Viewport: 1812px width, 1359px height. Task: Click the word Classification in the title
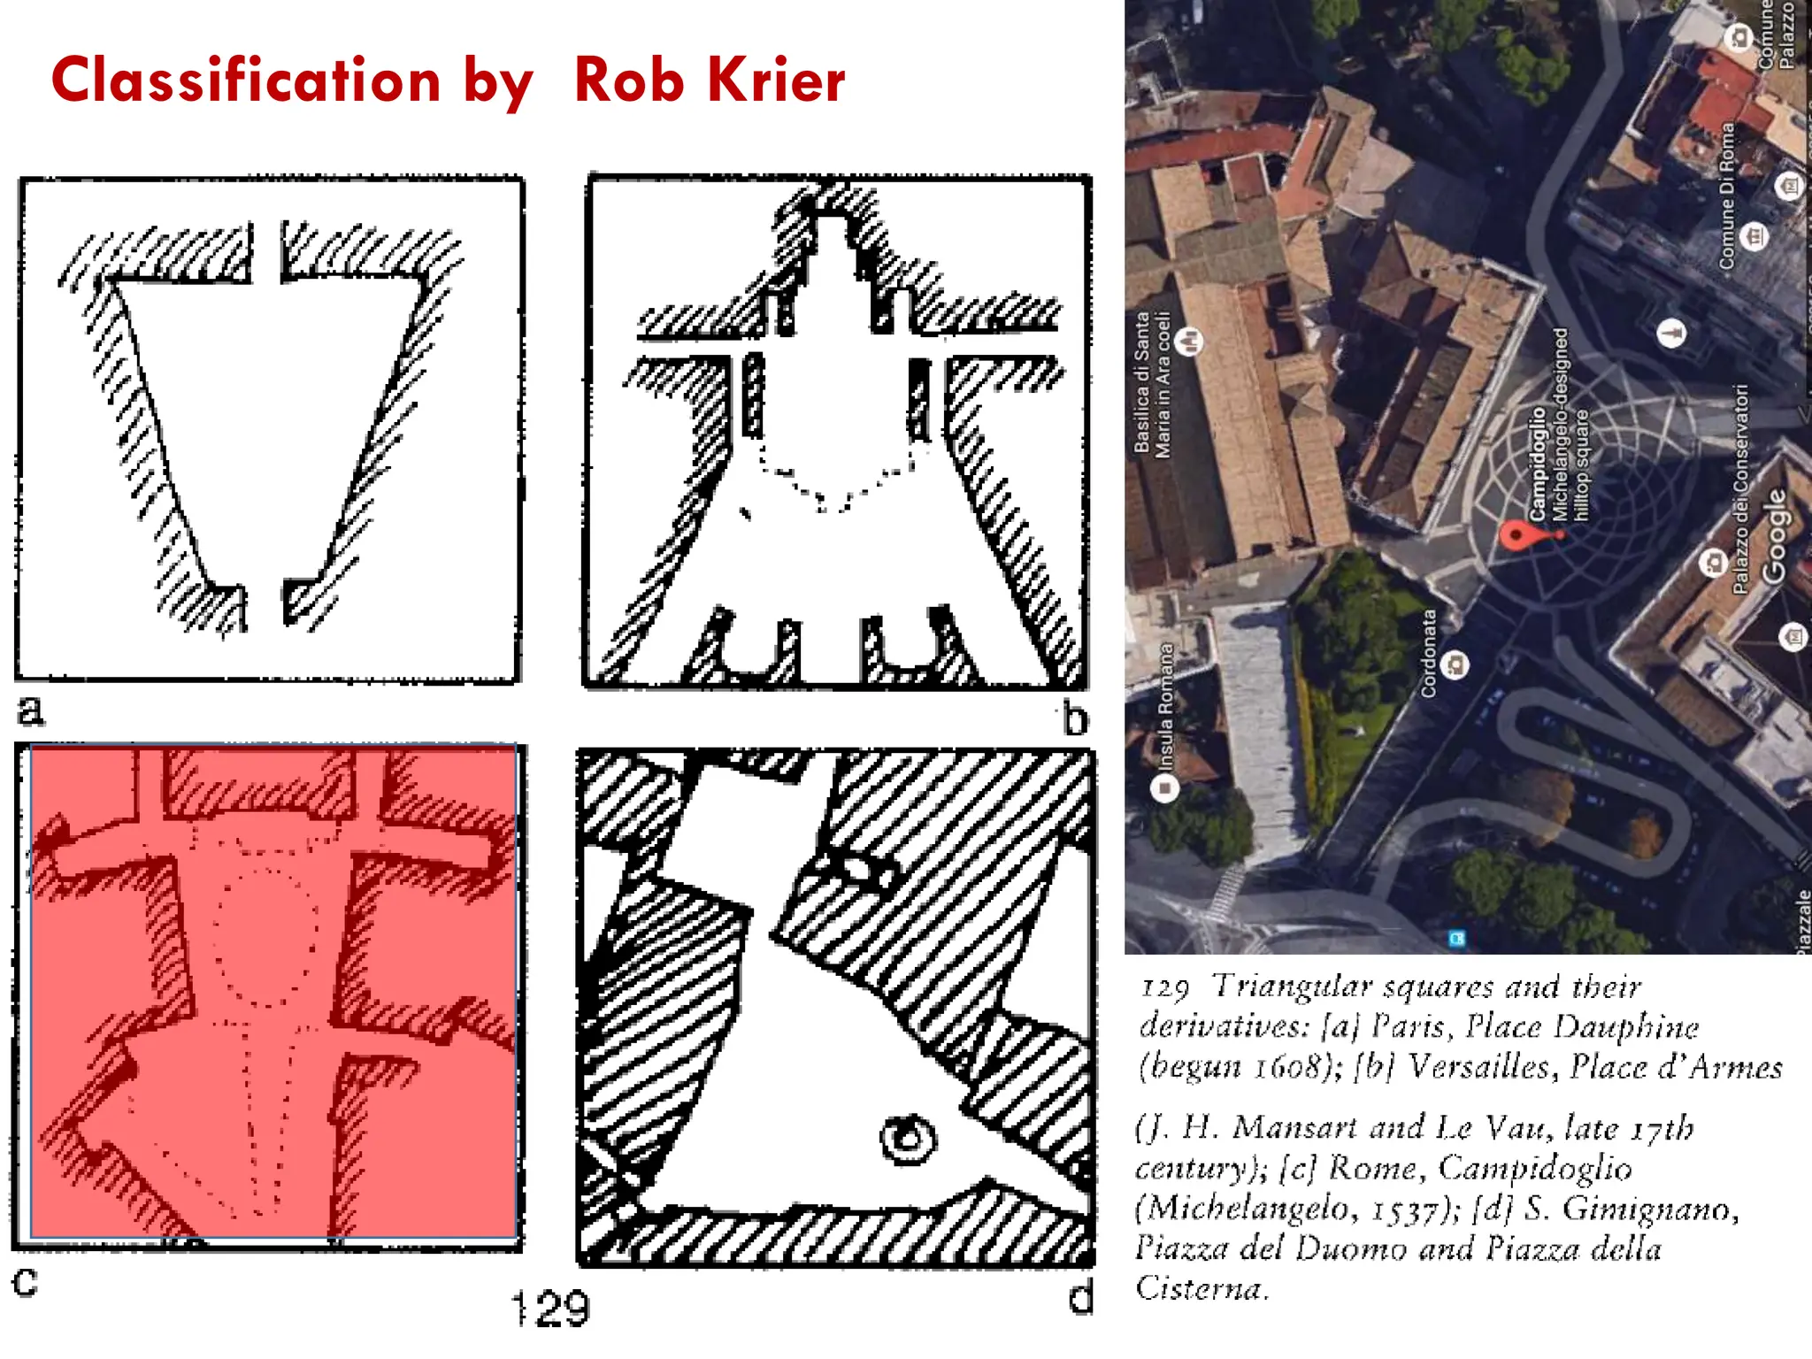click(246, 81)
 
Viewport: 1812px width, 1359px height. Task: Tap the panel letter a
click(31, 710)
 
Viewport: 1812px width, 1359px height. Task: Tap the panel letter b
click(1075, 718)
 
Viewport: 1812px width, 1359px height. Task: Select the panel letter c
click(26, 1280)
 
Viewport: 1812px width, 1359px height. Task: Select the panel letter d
click(1081, 1298)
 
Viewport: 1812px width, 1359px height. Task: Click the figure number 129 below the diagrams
click(550, 1309)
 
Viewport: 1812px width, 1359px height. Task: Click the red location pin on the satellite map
click(1516, 535)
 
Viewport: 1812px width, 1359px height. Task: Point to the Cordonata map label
click(1429, 653)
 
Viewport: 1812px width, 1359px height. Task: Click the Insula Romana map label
click(1167, 706)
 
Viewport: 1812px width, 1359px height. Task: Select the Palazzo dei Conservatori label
click(1740, 488)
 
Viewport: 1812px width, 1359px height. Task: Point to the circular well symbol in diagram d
click(907, 1138)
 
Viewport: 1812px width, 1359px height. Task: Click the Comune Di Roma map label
click(1726, 196)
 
